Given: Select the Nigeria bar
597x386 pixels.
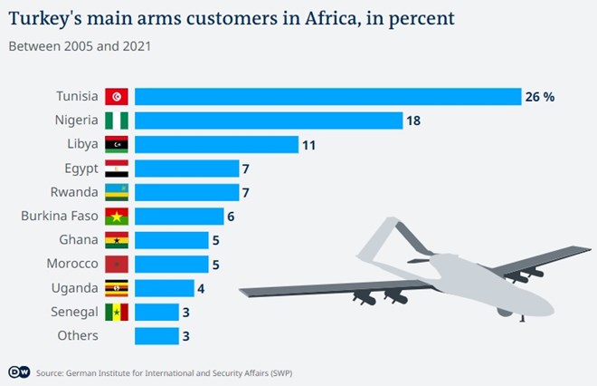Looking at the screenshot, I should click(268, 121).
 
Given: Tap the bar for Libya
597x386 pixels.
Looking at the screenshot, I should click(216, 144).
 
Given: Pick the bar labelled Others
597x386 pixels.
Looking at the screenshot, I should click(156, 335).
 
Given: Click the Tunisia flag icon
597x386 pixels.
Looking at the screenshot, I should click(117, 97).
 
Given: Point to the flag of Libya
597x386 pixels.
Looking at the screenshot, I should click(117, 144).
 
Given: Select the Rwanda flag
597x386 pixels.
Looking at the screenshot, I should click(117, 192).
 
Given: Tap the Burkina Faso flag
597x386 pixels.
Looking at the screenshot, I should click(117, 217).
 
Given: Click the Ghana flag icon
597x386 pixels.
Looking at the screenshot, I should click(117, 240).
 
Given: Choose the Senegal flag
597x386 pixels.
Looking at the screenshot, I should click(117, 312).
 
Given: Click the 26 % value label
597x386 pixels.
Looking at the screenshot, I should click(539, 97).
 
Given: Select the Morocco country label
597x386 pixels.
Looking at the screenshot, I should click(71, 264).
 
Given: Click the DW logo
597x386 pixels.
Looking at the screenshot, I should click(19, 372).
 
